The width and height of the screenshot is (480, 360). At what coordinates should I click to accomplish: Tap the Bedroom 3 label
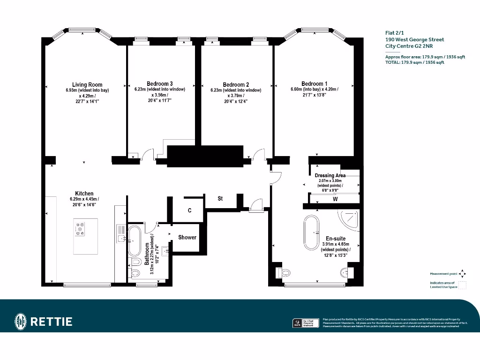click(159, 84)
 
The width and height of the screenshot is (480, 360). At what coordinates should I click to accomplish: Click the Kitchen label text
click(84, 194)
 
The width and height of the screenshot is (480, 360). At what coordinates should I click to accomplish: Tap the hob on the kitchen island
click(80, 229)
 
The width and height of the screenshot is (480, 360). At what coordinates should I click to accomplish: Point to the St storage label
click(220, 199)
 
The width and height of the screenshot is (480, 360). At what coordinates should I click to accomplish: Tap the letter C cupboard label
click(189, 211)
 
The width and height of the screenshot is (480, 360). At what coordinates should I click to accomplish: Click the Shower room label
click(187, 237)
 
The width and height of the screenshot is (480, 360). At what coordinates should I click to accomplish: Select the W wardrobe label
click(335, 199)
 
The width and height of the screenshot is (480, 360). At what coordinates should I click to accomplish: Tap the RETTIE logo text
click(52, 322)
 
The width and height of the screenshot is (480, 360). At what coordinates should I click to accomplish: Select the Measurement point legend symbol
click(462, 273)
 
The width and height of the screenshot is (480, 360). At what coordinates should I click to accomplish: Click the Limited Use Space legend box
click(462, 284)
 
